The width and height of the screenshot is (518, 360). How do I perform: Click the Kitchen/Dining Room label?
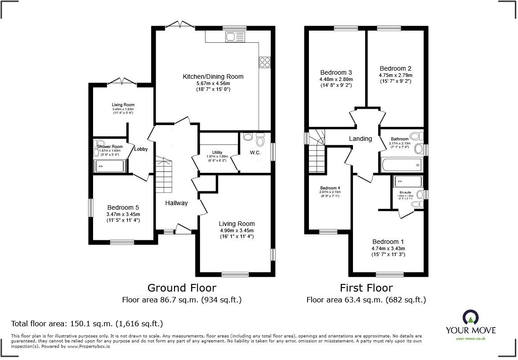(213, 76)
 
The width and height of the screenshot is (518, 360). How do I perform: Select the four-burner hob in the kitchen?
(264, 62)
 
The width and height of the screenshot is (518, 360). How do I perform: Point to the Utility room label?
(217, 153)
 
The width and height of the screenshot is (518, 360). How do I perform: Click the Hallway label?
(176, 203)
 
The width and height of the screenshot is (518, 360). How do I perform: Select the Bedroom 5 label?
(123, 207)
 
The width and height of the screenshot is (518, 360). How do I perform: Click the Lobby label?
(141, 149)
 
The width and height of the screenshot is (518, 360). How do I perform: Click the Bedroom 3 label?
(336, 72)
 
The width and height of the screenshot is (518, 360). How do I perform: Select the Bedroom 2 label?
(395, 68)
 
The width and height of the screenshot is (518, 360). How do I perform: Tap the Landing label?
(361, 139)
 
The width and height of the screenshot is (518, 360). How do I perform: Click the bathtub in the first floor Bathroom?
(402, 165)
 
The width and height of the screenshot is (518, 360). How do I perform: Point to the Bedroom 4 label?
(330, 188)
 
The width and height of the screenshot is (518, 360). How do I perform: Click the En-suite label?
(405, 192)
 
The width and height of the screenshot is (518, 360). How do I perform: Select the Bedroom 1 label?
(388, 242)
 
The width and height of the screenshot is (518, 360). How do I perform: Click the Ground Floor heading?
(182, 288)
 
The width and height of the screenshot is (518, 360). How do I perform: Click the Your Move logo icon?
(470, 318)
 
